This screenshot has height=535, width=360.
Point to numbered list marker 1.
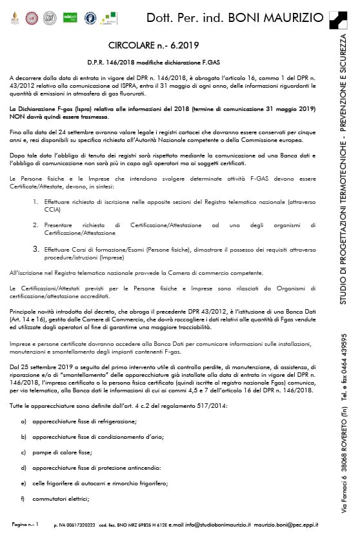pos(36,202)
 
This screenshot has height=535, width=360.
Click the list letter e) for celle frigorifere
pos(24,483)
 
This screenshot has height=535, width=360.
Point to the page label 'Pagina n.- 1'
pos(26,525)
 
